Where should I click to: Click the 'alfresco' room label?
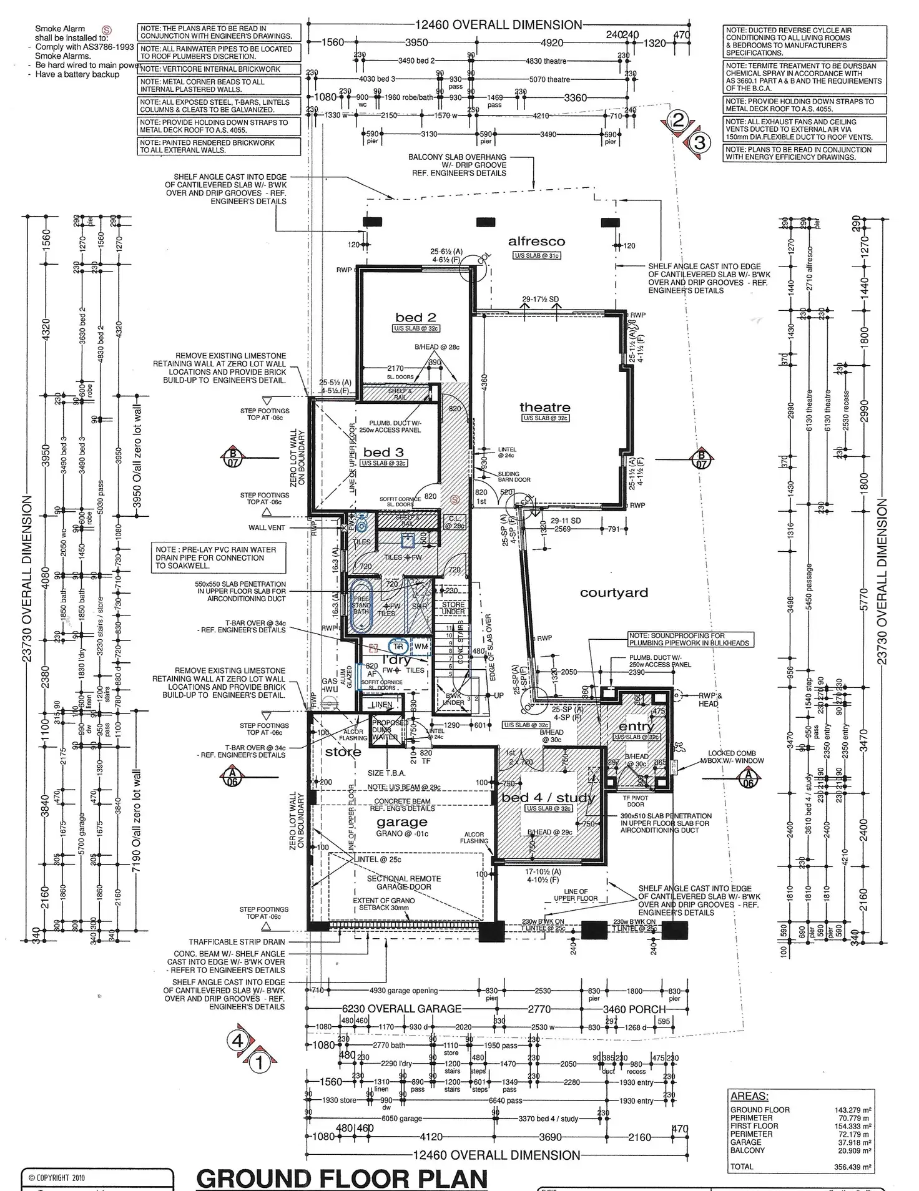click(536, 242)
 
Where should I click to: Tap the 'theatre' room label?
click(544, 408)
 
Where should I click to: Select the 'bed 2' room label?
click(415, 318)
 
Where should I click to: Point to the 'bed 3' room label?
click(383, 453)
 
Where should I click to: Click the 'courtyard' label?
click(614, 593)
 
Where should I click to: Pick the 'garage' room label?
click(401, 822)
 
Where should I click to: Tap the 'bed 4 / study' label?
click(548, 798)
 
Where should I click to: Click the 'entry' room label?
click(636, 727)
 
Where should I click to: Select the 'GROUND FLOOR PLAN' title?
click(342, 1179)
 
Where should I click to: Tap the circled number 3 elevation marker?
click(700, 143)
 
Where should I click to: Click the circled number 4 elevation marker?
click(237, 1041)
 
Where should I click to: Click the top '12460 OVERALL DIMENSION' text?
click(498, 25)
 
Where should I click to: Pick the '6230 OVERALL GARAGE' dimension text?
click(401, 1009)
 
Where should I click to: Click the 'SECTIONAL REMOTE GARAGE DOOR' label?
click(403, 883)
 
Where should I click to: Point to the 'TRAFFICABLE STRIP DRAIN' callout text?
click(237, 942)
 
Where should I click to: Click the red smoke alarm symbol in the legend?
click(106, 29)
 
